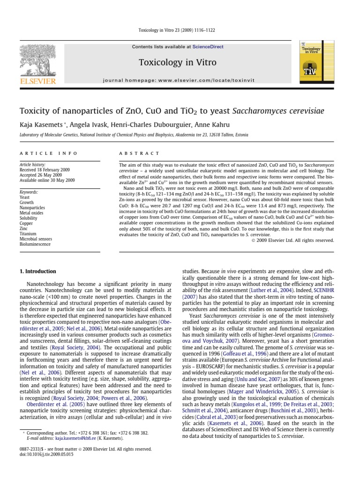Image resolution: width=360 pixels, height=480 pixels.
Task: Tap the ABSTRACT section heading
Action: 139,153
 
